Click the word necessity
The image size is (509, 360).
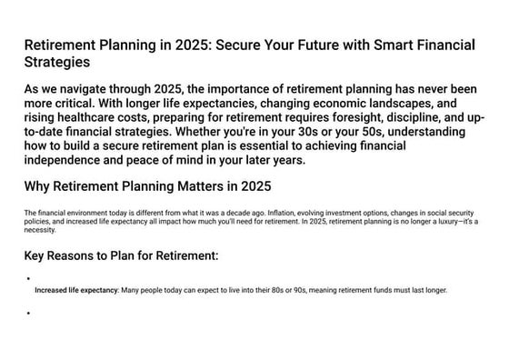click(x=40, y=229)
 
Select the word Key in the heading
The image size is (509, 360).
click(x=36, y=255)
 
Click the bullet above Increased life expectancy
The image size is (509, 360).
click(x=29, y=279)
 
